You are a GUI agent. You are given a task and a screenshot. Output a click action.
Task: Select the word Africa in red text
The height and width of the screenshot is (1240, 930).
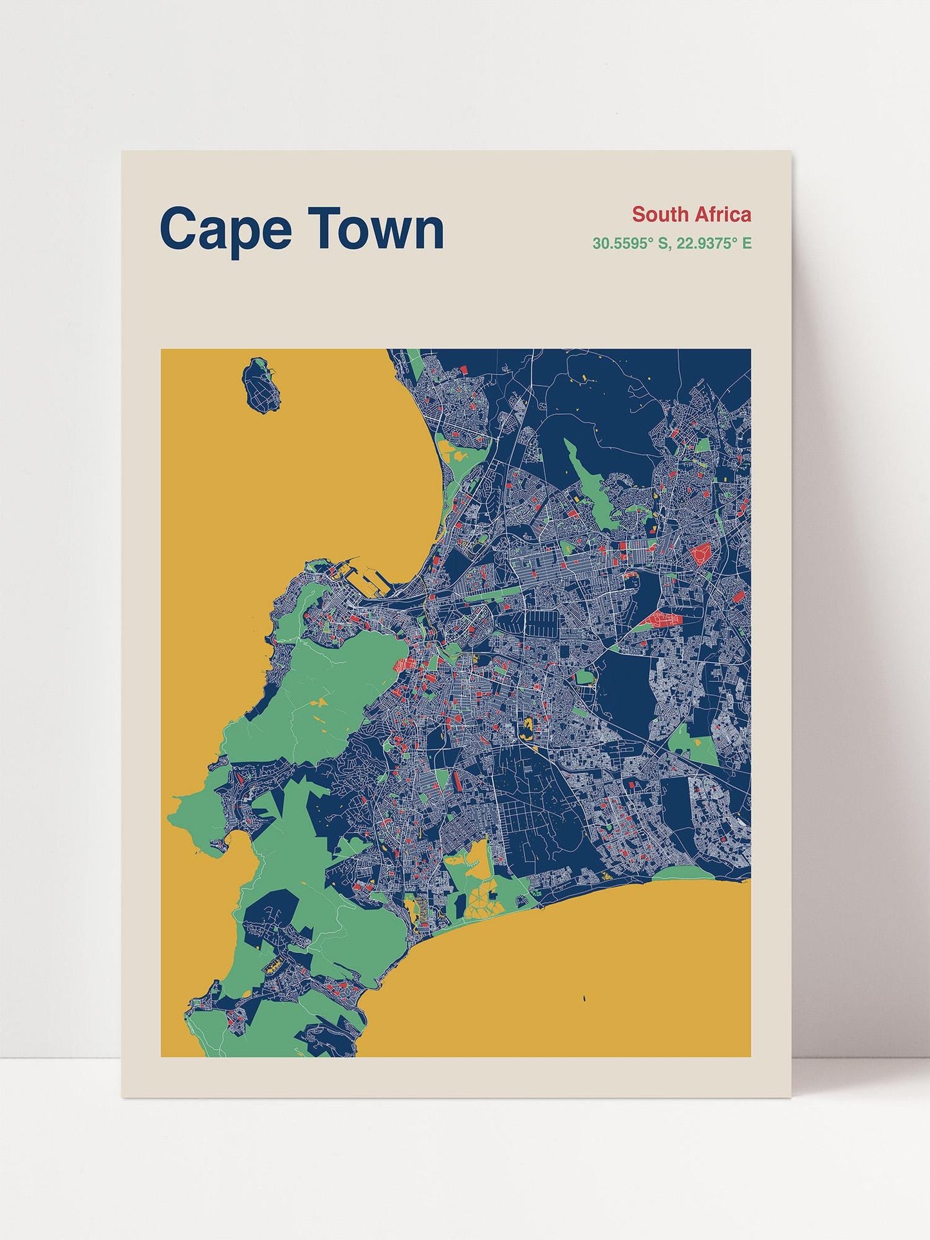(722, 214)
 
